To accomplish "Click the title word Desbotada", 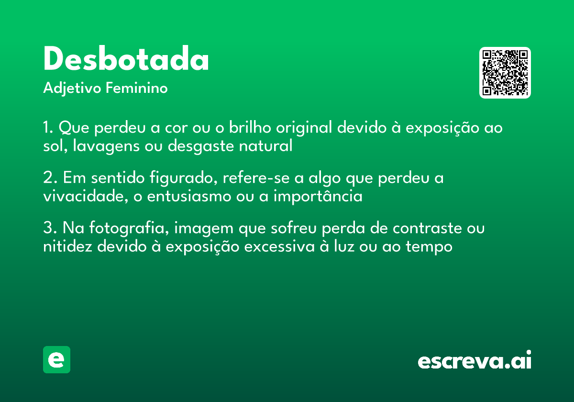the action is [126, 58].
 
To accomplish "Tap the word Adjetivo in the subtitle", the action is [72, 89].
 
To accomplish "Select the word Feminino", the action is [137, 88].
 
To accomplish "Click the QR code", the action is [505, 73].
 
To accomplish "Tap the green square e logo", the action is [56, 359].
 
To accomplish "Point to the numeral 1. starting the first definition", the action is [48, 127].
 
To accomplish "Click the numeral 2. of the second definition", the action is [50, 178].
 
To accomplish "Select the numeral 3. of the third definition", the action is [50, 227].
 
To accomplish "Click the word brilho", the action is [250, 127].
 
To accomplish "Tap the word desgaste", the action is [200, 146].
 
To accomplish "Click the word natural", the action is [265, 145].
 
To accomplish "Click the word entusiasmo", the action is [189, 197].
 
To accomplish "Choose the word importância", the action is [318, 196].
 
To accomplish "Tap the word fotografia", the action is [129, 228].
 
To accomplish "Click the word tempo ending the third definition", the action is [429, 247].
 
